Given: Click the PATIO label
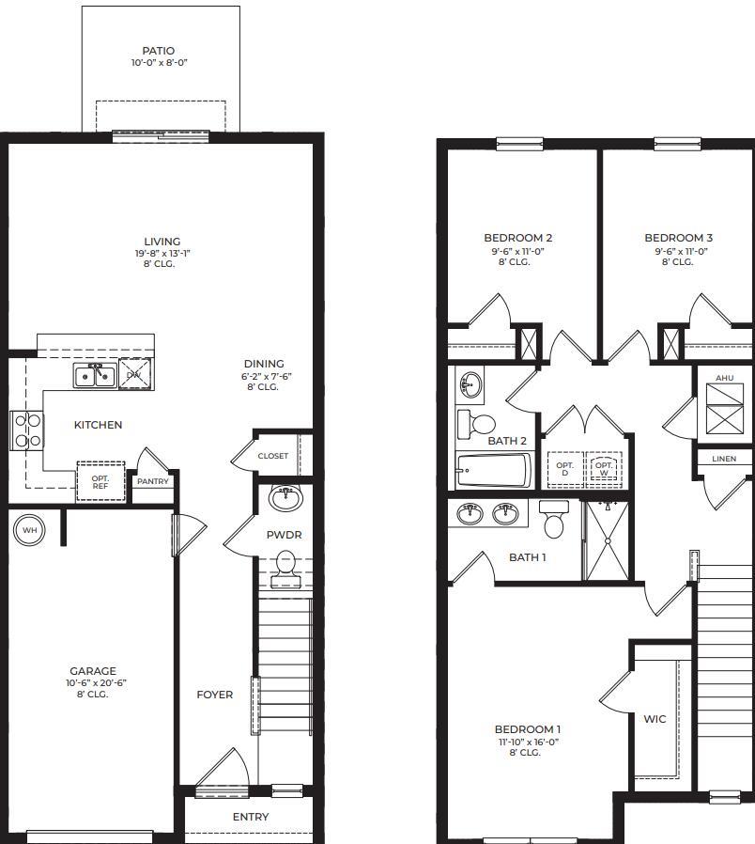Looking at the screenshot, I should coord(158,51).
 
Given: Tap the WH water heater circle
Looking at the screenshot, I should coord(28,530).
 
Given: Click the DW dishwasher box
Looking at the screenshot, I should coord(133,374).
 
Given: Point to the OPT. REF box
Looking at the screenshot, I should coord(100,481).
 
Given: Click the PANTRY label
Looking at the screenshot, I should coord(152,481).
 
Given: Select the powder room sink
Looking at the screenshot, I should coord(285,498).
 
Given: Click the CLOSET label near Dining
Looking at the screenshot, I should coord(273,456).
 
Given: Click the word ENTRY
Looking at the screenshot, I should coord(251,817).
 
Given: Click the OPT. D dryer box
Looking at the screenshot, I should coord(564,469).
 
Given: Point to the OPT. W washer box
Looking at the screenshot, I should coord(603,469).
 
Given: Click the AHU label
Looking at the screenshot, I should coord(724,378).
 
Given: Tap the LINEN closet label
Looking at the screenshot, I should coord(724,459).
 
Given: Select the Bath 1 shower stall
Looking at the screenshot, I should coord(609,540).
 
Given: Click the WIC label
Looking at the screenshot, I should coord(655,719).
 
